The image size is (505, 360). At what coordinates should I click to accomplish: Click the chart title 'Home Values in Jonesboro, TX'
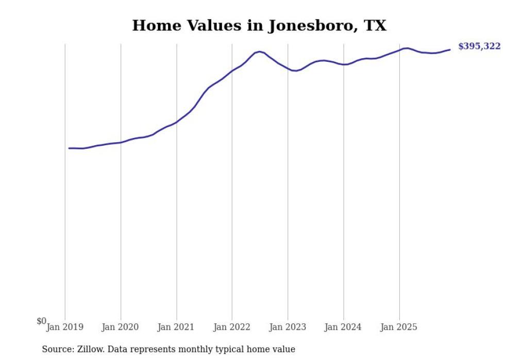click(x=259, y=26)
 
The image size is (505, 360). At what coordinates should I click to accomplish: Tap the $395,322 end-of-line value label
click(x=479, y=47)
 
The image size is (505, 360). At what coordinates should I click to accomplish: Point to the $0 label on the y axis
click(x=41, y=321)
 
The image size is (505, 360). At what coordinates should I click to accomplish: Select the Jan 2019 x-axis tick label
click(x=65, y=327)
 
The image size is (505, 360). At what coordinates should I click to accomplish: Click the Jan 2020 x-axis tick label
click(x=121, y=327)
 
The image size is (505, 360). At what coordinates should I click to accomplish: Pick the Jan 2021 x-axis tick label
click(x=176, y=327)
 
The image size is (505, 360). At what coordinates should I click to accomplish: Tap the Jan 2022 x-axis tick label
click(x=232, y=327)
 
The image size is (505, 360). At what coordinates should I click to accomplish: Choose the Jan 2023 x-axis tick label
click(x=288, y=327)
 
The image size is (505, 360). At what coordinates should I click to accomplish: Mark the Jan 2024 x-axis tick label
click(x=344, y=327)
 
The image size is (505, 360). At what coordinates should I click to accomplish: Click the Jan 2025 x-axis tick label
click(x=399, y=327)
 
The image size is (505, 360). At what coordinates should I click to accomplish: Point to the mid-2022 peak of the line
click(x=260, y=52)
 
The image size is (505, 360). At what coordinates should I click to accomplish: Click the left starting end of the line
click(x=69, y=148)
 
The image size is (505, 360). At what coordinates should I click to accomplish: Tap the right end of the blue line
click(x=450, y=49)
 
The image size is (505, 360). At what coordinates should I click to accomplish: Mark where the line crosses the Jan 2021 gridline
click(x=177, y=122)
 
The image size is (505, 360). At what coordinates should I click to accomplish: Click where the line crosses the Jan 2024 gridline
click(x=344, y=64)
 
